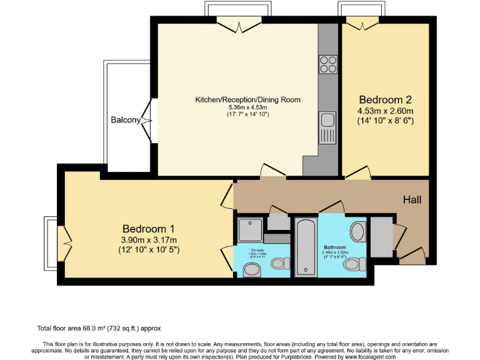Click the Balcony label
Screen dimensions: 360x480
[x=125, y=120]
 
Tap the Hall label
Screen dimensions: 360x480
[x=412, y=200]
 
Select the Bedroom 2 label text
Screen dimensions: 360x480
[x=385, y=100]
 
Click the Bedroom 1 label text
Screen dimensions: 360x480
[x=148, y=229]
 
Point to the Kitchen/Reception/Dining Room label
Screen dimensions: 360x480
[x=247, y=99]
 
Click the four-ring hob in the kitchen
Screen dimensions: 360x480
[x=327, y=64]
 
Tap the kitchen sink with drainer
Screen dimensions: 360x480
[x=327, y=128]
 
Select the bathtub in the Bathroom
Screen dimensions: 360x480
[x=306, y=246]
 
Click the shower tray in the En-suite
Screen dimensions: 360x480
[x=250, y=229]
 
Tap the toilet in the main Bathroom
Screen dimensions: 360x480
[x=354, y=264]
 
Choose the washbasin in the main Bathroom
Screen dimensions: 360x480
[x=358, y=232]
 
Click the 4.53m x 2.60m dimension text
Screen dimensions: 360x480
[x=386, y=112]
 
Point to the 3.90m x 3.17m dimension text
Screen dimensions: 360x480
[x=148, y=240]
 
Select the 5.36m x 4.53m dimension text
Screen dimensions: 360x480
[x=247, y=107]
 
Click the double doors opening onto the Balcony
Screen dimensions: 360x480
[x=148, y=120]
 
